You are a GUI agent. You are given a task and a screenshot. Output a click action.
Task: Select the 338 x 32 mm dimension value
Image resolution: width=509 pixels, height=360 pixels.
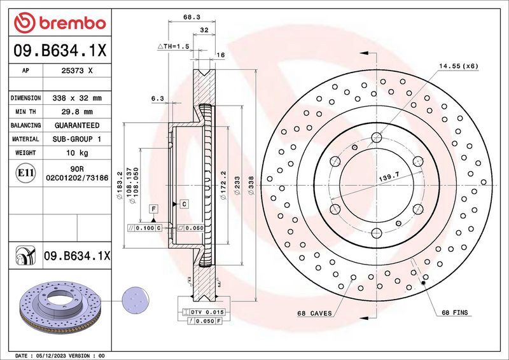click(76, 99)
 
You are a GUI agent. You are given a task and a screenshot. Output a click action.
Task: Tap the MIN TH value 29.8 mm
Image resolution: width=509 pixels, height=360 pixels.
click(76, 112)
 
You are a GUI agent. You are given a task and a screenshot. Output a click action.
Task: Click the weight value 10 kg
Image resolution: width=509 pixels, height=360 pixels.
click(76, 153)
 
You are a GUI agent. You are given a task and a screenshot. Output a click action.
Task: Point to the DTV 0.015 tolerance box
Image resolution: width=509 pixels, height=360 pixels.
click(204, 312)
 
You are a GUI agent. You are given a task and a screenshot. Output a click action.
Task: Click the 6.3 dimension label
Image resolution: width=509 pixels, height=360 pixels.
click(158, 98)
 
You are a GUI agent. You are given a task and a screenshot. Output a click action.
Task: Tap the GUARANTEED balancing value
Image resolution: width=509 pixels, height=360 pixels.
click(76, 125)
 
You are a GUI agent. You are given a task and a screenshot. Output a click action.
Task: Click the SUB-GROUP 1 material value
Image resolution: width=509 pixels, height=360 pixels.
click(76, 139)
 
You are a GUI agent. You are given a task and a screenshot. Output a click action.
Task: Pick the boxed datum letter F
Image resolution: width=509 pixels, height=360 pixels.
click(153, 208)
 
